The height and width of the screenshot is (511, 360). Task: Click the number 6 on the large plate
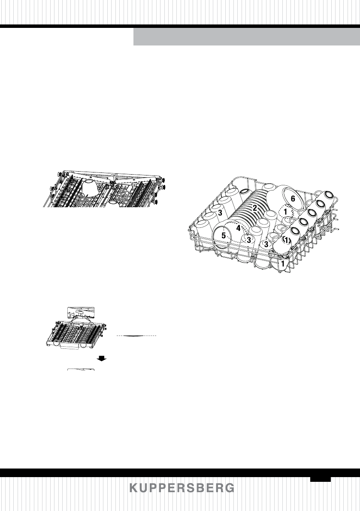pos(293,199)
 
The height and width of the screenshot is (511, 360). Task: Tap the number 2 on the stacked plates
pos(254,208)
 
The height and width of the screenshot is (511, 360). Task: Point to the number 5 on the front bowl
pos(224,236)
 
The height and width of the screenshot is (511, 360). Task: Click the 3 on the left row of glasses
pos(220,213)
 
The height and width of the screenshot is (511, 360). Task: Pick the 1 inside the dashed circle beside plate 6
pos(285,212)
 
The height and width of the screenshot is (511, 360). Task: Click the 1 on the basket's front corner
pos(283,262)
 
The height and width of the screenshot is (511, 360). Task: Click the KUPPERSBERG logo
pos(182,488)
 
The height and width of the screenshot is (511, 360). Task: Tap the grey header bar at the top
pos(246,37)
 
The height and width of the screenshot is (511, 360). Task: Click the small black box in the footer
pos(321,478)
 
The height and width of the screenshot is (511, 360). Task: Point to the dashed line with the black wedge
pos(137,335)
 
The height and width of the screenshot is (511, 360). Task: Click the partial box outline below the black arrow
pos(81,370)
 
